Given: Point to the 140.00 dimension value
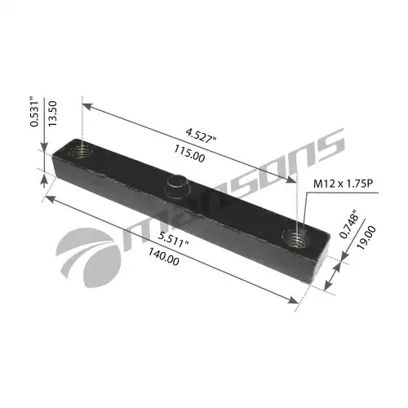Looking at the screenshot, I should [x=163, y=258].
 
